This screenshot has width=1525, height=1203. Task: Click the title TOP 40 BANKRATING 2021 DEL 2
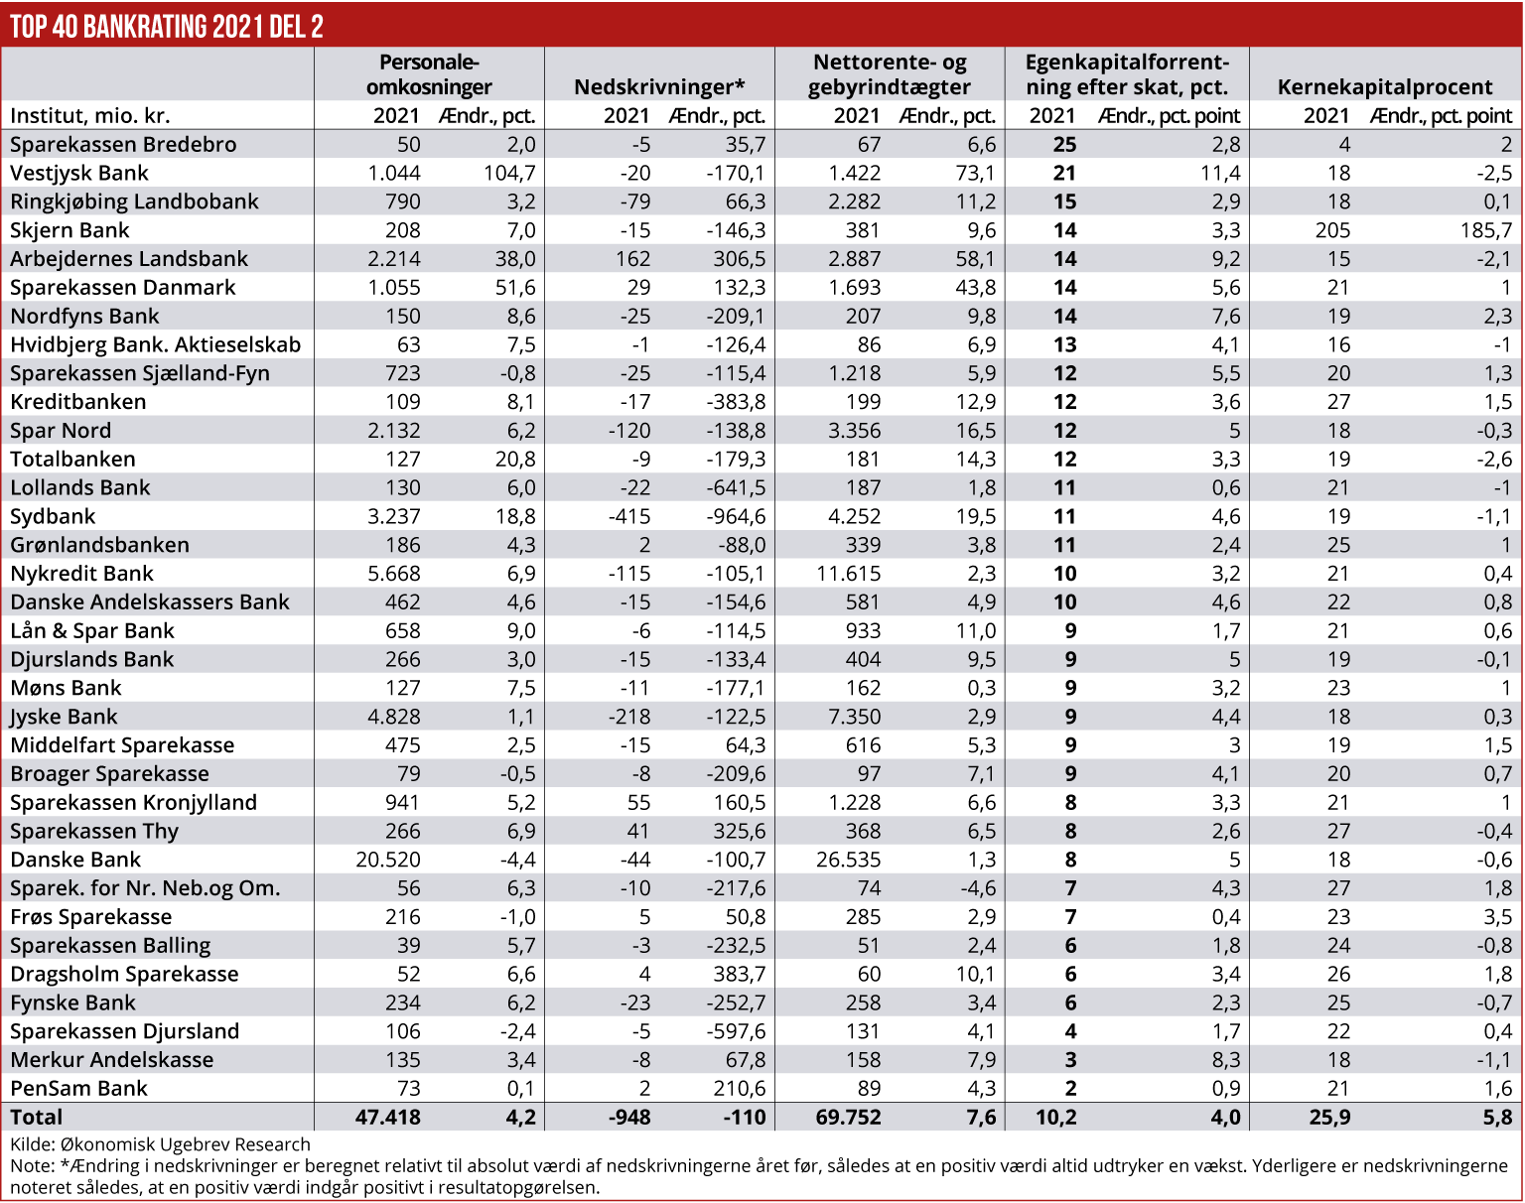[167, 26]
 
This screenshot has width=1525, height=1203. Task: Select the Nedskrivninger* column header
[659, 86]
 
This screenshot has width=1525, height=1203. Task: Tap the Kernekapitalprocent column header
[1385, 86]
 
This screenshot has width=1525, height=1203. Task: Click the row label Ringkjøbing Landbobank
[134, 201]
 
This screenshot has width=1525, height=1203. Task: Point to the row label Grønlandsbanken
[99, 545]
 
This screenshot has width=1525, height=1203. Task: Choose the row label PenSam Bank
[78, 1088]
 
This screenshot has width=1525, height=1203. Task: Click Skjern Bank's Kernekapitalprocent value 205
[1332, 230]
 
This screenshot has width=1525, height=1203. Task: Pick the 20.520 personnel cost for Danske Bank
[388, 860]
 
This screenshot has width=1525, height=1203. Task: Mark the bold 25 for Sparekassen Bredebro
[1064, 144]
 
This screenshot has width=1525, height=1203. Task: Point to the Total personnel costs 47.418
[388, 1117]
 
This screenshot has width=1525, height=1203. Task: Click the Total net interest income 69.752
[848, 1117]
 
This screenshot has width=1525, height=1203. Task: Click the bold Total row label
[37, 1117]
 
